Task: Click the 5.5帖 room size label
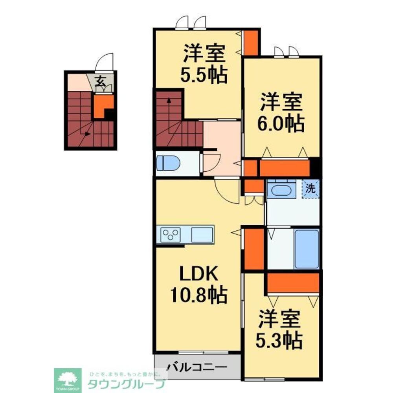204,75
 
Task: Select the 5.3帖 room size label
280,341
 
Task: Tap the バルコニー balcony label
197,367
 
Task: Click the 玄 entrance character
101,82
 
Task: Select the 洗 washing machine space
310,188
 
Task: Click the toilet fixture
168,163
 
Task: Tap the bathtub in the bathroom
307,249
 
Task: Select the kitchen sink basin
202,235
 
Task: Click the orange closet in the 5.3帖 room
293,283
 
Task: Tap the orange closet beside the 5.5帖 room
251,42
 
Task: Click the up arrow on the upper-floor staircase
169,101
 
